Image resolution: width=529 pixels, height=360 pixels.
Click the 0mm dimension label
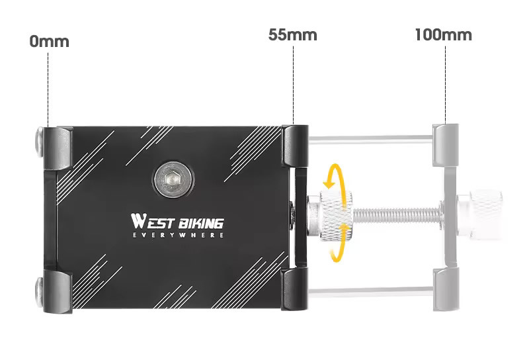(x=49, y=42)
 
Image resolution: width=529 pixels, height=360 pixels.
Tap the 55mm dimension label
(x=293, y=35)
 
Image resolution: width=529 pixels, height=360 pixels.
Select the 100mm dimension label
(x=443, y=35)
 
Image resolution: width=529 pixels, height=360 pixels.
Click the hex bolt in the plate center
(x=174, y=179)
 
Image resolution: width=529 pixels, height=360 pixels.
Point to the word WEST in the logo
(x=153, y=222)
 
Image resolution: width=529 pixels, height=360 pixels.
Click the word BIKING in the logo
(x=201, y=223)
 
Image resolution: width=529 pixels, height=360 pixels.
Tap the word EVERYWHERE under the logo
(x=178, y=235)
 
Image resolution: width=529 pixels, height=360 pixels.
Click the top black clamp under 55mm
(x=295, y=146)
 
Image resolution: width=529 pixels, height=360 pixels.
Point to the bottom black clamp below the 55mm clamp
(x=294, y=289)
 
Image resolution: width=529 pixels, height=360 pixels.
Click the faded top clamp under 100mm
(x=446, y=145)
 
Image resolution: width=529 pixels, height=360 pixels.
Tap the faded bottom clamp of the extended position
(x=446, y=289)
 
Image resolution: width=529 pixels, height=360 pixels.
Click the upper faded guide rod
(x=370, y=138)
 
